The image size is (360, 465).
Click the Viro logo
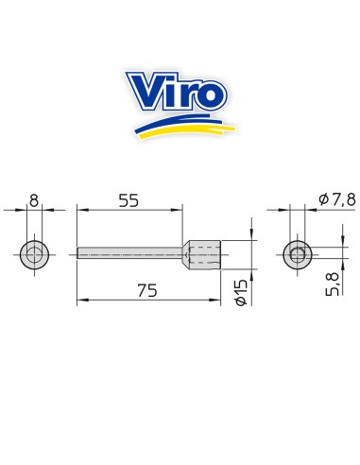[x=180, y=105]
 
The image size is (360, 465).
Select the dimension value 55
[x=129, y=200]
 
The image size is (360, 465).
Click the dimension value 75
[x=147, y=290]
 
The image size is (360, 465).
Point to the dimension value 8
[x=34, y=200]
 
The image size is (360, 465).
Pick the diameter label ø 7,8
[x=337, y=199]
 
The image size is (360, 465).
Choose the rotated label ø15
[x=242, y=292]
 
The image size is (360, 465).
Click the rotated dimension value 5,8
[x=333, y=284]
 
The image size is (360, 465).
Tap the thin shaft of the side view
[x=129, y=253]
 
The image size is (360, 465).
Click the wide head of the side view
[x=201, y=254]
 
